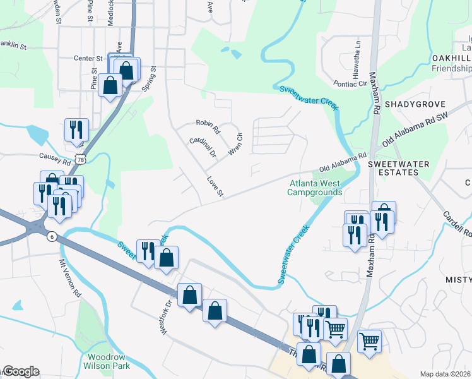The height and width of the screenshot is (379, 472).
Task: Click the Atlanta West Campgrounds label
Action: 314,188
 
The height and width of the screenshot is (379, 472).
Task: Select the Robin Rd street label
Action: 208,126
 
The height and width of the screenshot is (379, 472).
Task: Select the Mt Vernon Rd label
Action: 70,279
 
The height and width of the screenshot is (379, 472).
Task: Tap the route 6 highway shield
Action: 52,236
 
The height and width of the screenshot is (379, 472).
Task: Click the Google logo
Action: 20,371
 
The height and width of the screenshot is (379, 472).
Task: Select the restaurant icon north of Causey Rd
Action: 76,129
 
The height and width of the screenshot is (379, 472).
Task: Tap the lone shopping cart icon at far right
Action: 369,340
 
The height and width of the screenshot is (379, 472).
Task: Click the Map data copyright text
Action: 445,374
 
